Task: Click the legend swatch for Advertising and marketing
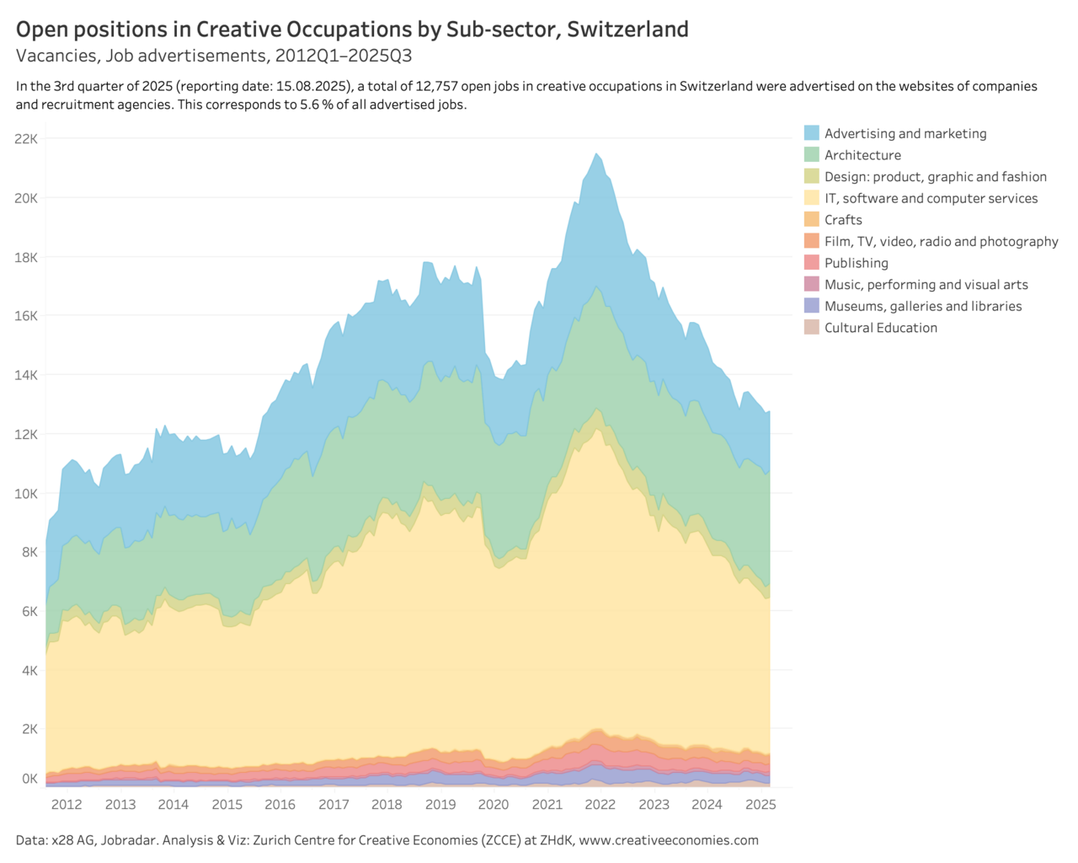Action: pyautogui.click(x=811, y=133)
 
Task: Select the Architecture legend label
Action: pyautogui.click(x=862, y=155)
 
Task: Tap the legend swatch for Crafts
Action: pyautogui.click(x=811, y=219)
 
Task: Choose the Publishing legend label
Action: pyautogui.click(x=857, y=263)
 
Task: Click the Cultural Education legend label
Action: pyautogui.click(x=881, y=328)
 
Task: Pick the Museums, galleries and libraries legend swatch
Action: pyautogui.click(x=811, y=305)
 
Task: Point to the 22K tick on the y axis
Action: pyautogui.click(x=26, y=139)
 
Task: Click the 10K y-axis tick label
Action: pyautogui.click(x=26, y=493)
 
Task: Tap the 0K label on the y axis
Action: pyautogui.click(x=29, y=779)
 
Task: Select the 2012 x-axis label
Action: pyautogui.click(x=67, y=805)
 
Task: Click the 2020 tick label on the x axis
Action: pyautogui.click(x=493, y=805)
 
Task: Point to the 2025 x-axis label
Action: pyautogui.click(x=760, y=805)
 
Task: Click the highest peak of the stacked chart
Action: pyautogui.click(x=596, y=153)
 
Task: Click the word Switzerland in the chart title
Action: pyautogui.click(x=627, y=29)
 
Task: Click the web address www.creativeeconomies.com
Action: pyautogui.click(x=669, y=840)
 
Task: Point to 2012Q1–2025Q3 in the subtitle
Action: pyautogui.click(x=343, y=55)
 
